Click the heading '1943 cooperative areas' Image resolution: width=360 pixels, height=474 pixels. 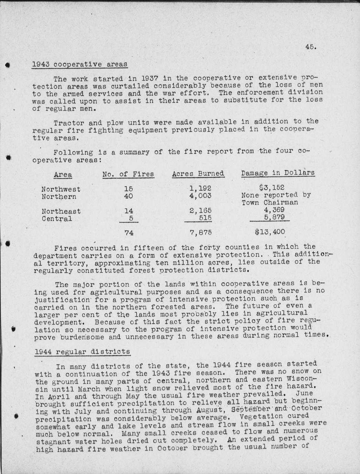tap(79, 64)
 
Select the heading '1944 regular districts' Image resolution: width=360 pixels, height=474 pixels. tap(83, 351)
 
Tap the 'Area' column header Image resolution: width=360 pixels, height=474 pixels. tap(63, 174)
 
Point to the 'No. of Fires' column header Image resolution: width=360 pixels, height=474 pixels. tap(128, 174)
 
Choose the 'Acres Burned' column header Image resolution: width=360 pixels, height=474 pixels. tap(198, 174)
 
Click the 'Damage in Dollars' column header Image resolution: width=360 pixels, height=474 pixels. tap(278, 173)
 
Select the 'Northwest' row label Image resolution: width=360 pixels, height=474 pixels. tap(61, 189)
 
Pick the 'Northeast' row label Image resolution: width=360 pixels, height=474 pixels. tap(61, 211)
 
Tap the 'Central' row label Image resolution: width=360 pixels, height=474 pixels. tap(57, 219)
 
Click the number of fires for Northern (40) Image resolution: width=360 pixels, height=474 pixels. tap(128, 196)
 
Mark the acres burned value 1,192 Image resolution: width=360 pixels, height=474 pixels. tap(200, 188)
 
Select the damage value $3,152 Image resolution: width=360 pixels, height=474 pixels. tap(272, 187)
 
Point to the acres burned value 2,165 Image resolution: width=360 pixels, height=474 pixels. tap(200, 210)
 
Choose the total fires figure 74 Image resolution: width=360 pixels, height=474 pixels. tap(129, 233)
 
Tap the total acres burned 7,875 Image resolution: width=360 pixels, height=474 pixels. tap(200, 233)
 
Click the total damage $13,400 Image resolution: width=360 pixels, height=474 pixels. tap(270, 232)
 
